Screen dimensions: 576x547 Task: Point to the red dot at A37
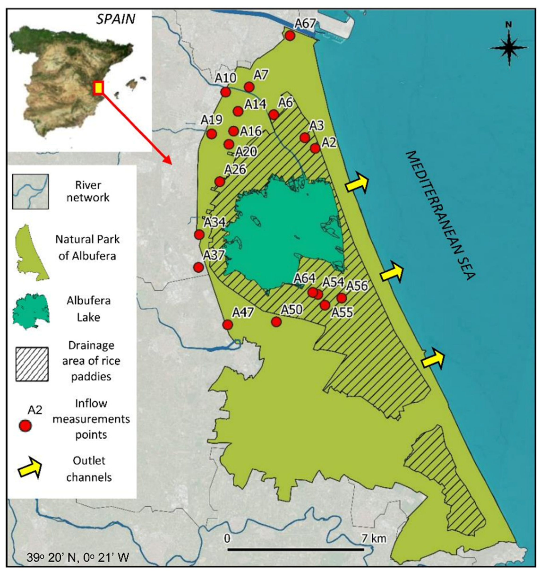point(198,267)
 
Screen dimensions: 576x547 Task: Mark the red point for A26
point(220,182)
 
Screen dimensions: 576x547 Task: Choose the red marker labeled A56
point(341,298)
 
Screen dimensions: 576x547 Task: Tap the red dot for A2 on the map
point(315,148)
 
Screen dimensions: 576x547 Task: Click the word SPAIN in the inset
point(116,19)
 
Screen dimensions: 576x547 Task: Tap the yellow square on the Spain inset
point(99,88)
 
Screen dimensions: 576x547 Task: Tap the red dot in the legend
point(25,426)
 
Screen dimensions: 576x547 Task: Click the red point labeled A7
point(249,87)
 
